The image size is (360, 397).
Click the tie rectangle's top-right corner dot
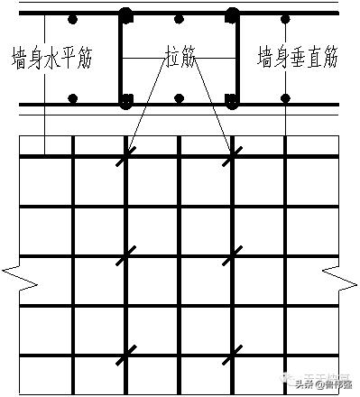click(234, 15)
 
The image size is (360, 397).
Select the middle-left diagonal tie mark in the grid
click(125, 256)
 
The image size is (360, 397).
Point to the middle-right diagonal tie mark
click(233, 256)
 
